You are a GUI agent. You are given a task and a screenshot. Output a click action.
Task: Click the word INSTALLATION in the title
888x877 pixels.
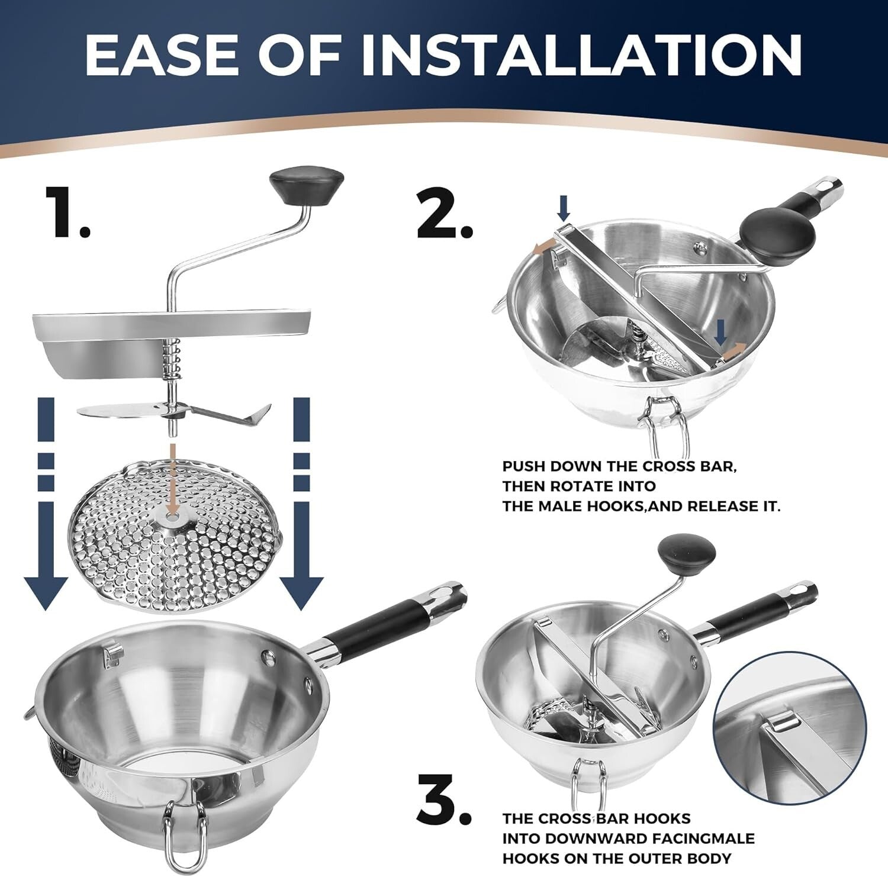581,55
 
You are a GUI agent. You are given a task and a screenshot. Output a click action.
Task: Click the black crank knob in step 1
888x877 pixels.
306,185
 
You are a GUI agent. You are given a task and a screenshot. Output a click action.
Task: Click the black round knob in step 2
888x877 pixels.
777,236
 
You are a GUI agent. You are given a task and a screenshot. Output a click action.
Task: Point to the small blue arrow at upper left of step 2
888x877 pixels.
564,208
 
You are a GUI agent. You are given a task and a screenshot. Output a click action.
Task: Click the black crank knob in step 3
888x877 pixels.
687,554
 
